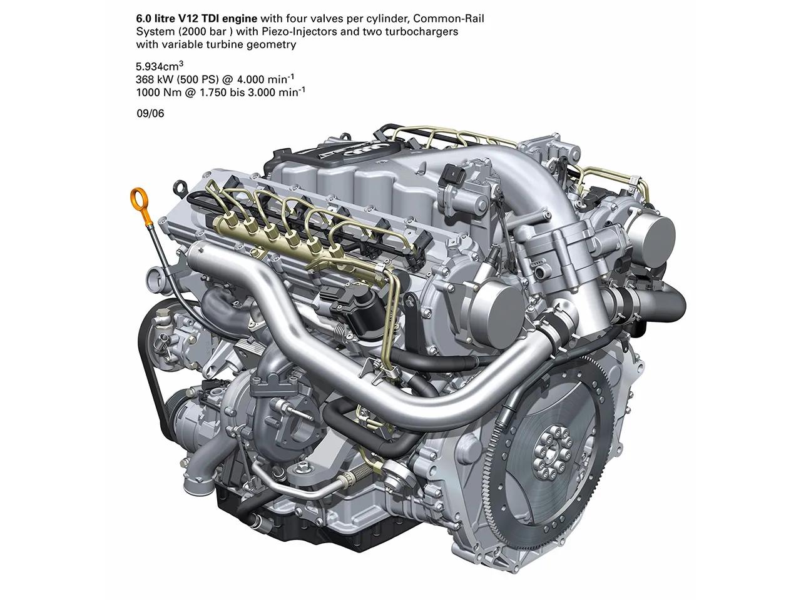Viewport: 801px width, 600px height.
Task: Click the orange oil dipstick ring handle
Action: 138,199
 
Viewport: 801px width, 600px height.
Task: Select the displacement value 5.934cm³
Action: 160,66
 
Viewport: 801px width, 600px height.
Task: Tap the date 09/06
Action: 150,113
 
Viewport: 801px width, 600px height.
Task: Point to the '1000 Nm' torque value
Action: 159,92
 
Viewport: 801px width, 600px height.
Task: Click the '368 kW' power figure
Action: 154,79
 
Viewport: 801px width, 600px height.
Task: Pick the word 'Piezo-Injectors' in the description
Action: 299,32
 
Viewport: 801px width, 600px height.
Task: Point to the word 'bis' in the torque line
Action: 237,92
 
